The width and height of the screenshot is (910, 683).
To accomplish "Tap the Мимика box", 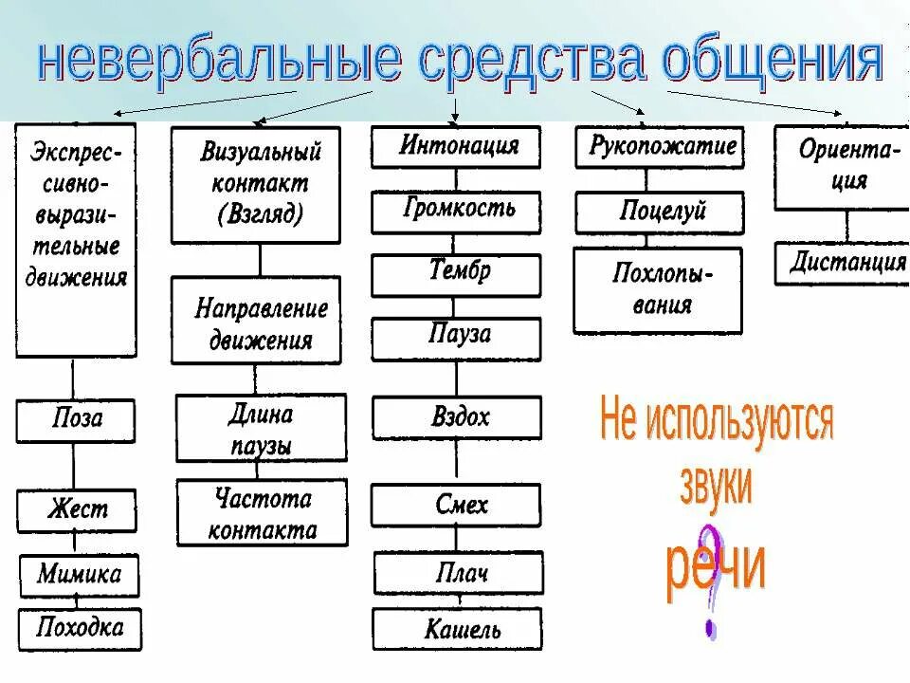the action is tap(80, 574).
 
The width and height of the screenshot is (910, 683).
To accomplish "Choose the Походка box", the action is tap(80, 628).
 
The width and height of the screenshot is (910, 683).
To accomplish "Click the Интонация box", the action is tap(456, 147).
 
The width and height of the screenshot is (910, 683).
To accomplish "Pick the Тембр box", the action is tap(456, 273).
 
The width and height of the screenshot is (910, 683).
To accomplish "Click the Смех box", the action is tap(456, 504).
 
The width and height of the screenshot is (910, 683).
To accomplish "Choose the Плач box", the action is tap(458, 573).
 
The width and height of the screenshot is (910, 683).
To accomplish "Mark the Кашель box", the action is tap(457, 628).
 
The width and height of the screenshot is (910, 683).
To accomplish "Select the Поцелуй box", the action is tap(658, 212).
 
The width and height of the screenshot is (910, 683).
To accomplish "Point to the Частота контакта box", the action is tap(262, 513).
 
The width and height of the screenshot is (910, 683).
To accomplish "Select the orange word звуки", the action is tap(716, 486).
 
